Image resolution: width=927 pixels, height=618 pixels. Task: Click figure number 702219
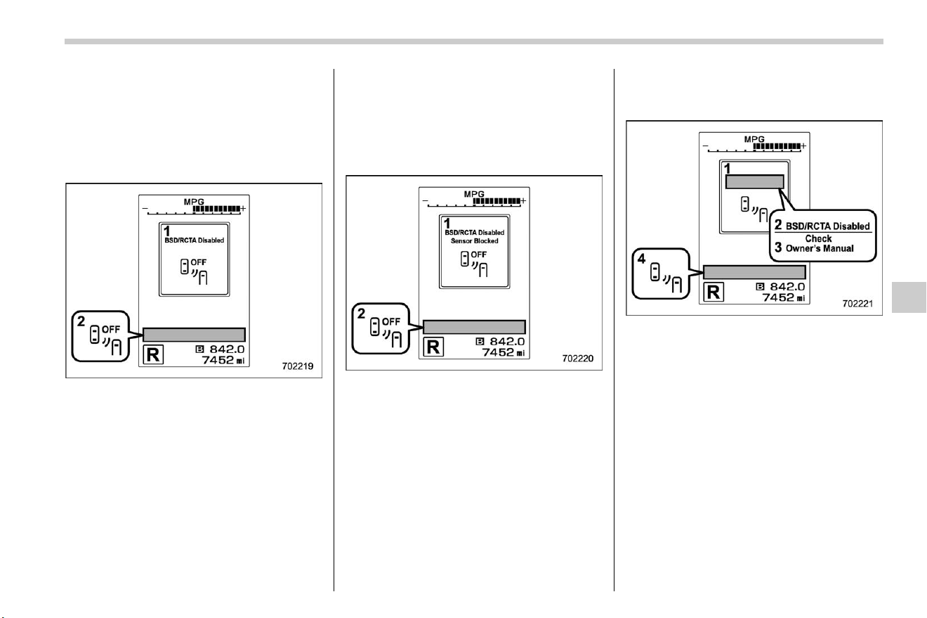(298, 366)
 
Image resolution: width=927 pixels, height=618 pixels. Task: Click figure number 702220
(578, 359)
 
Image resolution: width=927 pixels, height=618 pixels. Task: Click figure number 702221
(857, 304)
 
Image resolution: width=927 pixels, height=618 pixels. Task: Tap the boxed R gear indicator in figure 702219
(153, 354)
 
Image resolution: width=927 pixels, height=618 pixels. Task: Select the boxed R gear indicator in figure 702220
(433, 347)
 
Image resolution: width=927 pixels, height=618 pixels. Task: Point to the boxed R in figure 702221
(714, 292)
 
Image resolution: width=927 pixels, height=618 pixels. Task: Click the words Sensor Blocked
(474, 241)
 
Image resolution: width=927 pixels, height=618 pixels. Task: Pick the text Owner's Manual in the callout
(820, 248)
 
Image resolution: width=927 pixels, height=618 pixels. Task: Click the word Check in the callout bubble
(818, 238)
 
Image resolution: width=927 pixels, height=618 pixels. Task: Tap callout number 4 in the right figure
(641, 259)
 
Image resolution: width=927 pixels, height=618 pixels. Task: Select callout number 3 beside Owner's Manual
(778, 247)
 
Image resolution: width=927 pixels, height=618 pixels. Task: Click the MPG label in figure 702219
(194, 202)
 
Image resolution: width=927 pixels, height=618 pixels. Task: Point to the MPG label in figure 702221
(754, 139)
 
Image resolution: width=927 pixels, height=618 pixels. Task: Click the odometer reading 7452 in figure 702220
(498, 352)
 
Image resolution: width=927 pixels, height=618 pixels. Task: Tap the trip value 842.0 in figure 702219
(227, 349)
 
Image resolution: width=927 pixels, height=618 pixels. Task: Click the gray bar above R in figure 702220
(474, 327)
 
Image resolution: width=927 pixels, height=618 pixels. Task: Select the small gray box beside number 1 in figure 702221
(754, 182)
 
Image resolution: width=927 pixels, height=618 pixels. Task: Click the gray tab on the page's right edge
(909, 297)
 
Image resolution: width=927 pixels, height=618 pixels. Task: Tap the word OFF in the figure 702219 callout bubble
(111, 330)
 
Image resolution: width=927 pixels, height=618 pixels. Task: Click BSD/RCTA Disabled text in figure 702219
(194, 240)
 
